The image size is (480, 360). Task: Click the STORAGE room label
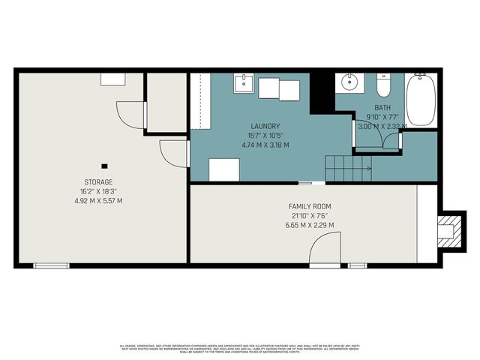[98, 182]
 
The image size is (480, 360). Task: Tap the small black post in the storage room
[104, 166]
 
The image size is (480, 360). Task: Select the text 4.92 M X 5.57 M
[98, 201]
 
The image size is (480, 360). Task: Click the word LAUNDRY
[266, 126]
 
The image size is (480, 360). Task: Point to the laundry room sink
[243, 82]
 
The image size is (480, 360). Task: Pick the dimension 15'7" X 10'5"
[266, 135]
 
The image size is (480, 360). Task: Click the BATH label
[372, 108]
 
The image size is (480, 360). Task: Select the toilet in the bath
[383, 87]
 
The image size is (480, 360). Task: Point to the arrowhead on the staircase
[369, 168]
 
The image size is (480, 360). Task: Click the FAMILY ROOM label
[310, 206]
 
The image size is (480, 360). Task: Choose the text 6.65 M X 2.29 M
[310, 225]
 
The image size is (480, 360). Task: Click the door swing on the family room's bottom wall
[325, 249]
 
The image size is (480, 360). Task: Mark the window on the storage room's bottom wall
[51, 265]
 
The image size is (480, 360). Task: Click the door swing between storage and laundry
[174, 154]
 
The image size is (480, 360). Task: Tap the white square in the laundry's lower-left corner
[223, 169]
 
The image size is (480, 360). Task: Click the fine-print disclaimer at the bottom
[239, 348]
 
